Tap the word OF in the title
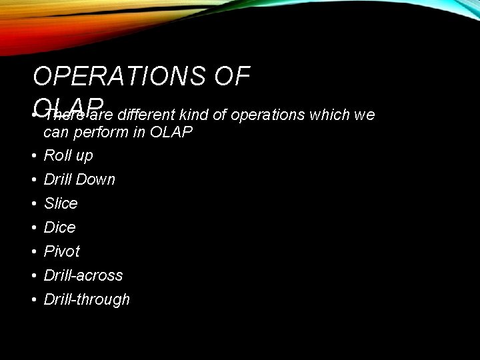click(x=231, y=77)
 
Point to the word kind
click(x=193, y=115)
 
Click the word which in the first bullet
click(x=329, y=115)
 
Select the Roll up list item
click(x=68, y=155)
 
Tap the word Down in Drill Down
click(x=97, y=179)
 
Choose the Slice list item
click(x=61, y=203)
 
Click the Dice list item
click(x=59, y=227)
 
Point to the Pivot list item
click(x=61, y=251)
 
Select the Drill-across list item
click(x=83, y=275)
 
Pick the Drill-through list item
click(x=87, y=299)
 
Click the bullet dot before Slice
click(x=33, y=204)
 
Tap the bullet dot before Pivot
click(x=33, y=252)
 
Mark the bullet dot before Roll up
click(x=33, y=156)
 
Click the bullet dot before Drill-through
click(x=33, y=300)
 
